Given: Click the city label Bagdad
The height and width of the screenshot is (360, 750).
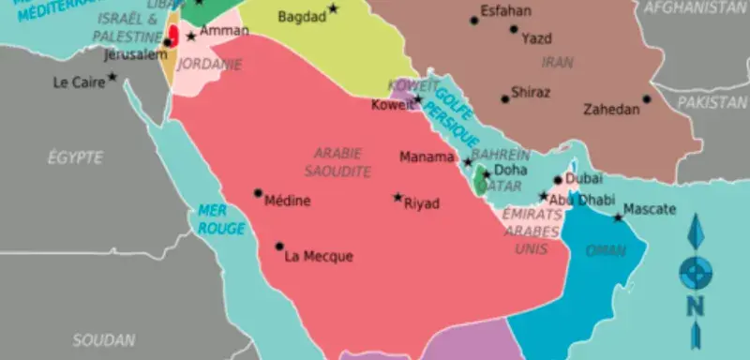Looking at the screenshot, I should (x=303, y=17).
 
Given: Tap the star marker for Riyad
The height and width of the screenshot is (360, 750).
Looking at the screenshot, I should (x=397, y=198).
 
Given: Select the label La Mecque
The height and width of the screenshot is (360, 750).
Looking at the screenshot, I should (x=318, y=256).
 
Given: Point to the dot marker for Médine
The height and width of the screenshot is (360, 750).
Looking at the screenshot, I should (x=259, y=193).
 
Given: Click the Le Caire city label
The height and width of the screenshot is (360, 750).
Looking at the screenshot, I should (x=78, y=82).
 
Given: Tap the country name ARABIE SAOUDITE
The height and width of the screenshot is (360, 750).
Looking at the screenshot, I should (x=337, y=162).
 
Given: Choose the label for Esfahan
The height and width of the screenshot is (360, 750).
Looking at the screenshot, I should (x=504, y=11).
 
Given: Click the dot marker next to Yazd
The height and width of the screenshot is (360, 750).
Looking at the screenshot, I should (x=514, y=29).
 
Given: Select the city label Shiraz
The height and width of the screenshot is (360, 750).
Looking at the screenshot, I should (x=531, y=93).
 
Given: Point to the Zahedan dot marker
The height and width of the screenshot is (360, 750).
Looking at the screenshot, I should (x=646, y=99).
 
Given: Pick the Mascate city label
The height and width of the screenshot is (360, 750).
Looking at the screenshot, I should (x=649, y=209).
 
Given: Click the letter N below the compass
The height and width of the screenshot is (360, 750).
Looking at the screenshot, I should (x=695, y=305).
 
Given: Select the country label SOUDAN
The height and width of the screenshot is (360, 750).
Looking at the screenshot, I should (x=103, y=339).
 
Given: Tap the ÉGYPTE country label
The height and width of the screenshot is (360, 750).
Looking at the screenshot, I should (x=75, y=157).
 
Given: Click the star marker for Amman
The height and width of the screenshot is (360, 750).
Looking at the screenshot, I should (x=191, y=37).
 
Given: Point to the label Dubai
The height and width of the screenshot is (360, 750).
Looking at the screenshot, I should (x=584, y=178).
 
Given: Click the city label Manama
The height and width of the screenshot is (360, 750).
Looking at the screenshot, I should (x=427, y=157).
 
